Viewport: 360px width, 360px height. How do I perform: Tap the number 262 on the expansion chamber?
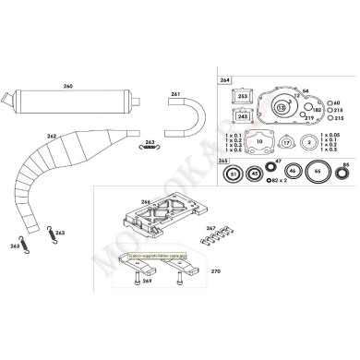pos(51,137)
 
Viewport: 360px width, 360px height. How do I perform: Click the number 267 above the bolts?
pos(211,227)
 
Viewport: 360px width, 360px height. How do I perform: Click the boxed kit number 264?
pos(226,80)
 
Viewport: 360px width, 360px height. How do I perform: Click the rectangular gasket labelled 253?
pos(243,96)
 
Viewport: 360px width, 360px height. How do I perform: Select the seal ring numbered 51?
pos(234,174)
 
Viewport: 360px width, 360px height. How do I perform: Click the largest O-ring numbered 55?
pos(318,172)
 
